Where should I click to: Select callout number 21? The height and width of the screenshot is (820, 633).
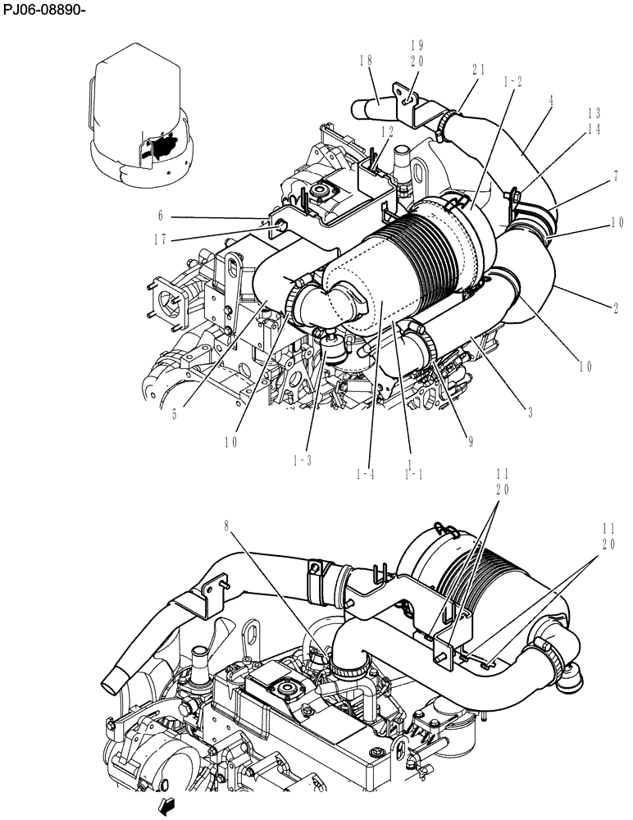pos(479,71)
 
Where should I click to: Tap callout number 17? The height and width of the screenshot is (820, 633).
pos(161,240)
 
